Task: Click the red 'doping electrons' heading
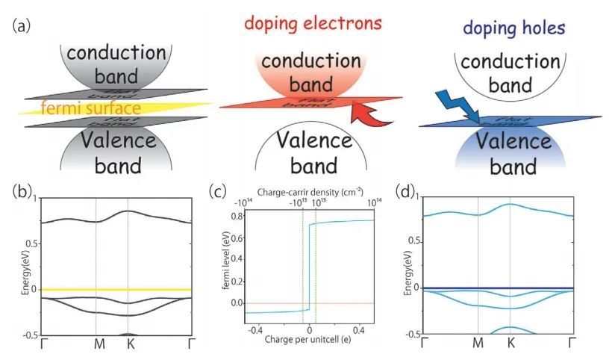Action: [311, 22]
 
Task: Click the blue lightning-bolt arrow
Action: [453, 105]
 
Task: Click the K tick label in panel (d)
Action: [511, 344]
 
